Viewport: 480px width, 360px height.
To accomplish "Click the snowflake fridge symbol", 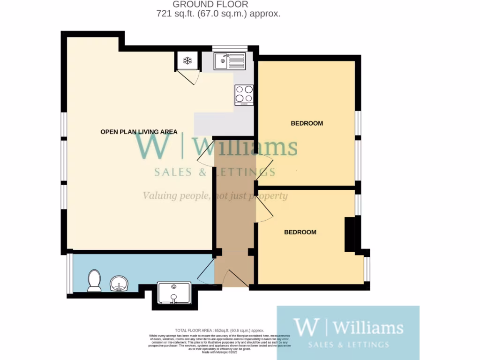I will tap(187, 60).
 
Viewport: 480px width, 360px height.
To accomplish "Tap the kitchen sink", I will tap(229, 60).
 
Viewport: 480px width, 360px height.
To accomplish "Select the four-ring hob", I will tap(244, 94).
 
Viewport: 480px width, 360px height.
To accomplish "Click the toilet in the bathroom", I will tap(94, 280).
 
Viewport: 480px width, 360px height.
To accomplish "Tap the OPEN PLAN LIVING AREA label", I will tap(139, 132).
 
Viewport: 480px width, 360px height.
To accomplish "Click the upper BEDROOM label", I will tap(307, 123).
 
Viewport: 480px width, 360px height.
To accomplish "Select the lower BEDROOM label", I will tap(300, 232).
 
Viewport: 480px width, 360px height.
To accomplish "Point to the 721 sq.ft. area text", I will tap(218, 14).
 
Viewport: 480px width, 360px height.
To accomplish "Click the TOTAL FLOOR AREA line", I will tap(223, 330).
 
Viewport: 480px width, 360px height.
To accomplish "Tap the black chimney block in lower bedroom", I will tap(350, 234).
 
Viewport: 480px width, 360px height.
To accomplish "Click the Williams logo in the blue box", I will tap(348, 333).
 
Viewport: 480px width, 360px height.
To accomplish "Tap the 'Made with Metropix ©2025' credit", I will tap(220, 352).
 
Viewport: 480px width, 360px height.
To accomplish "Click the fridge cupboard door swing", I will tap(190, 76).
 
